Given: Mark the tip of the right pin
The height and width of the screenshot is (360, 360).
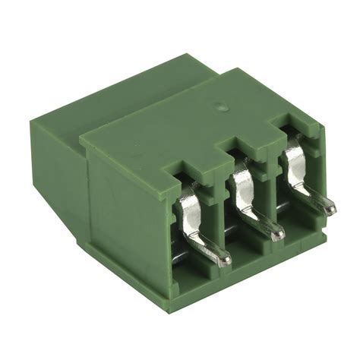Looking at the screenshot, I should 329,206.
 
